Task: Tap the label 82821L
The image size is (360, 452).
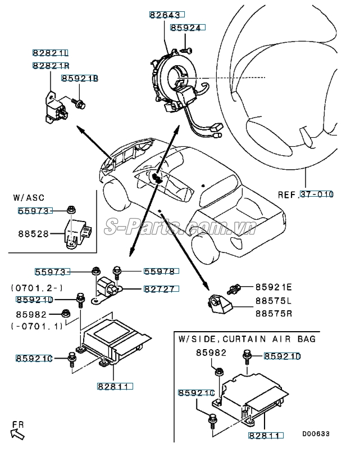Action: tap(51, 53)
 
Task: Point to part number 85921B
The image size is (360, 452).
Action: tap(80, 79)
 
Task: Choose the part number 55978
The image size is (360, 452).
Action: tap(160, 272)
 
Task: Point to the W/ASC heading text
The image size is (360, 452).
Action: tap(28, 198)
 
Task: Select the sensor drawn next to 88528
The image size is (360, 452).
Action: tap(77, 231)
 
